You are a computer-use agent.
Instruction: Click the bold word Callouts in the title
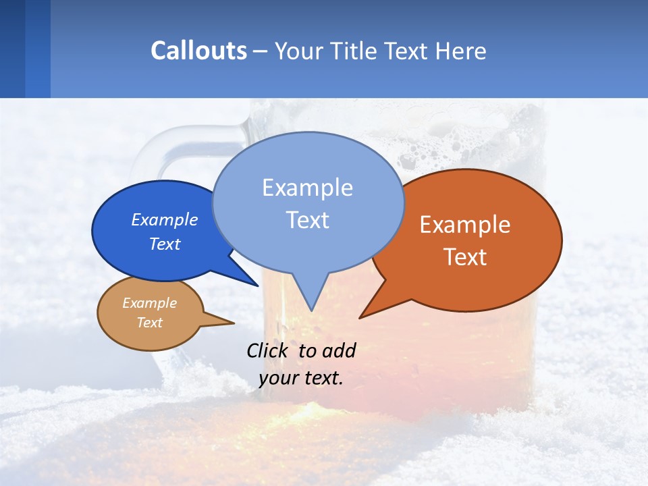pyautogui.click(x=198, y=51)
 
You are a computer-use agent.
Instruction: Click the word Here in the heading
pyautogui.click(x=460, y=51)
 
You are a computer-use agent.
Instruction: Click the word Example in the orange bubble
pyautogui.click(x=464, y=225)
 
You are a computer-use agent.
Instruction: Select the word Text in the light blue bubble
pyautogui.click(x=307, y=220)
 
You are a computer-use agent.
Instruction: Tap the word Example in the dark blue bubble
pyautogui.click(x=164, y=220)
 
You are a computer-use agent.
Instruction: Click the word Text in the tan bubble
pyautogui.click(x=150, y=323)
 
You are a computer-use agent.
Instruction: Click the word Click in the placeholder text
pyautogui.click(x=267, y=350)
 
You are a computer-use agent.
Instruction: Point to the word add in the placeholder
pyautogui.click(x=338, y=350)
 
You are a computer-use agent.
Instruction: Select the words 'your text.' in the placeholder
pyautogui.click(x=301, y=378)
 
